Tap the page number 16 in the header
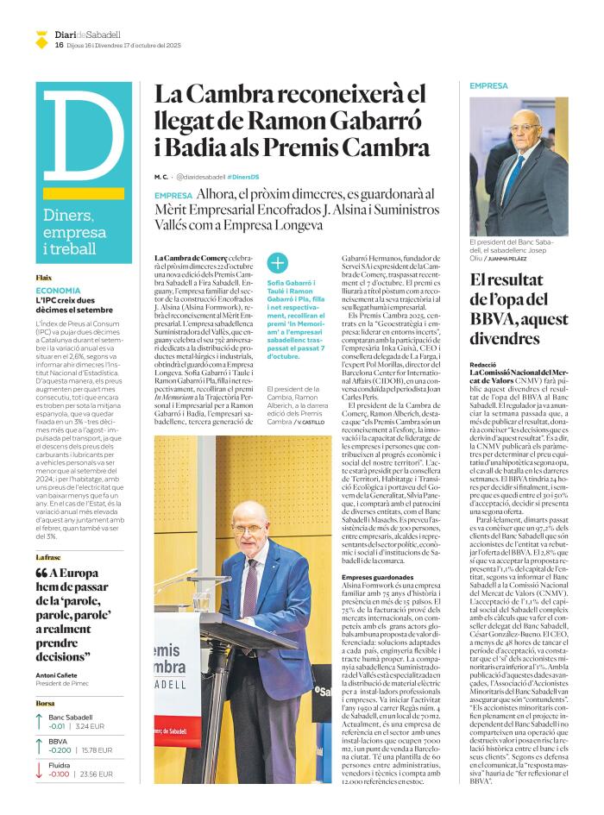59,45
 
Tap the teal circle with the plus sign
278,263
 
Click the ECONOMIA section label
59,292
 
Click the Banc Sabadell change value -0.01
58,727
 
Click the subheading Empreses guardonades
377,576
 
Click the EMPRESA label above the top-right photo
489,86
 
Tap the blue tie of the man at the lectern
249,576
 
